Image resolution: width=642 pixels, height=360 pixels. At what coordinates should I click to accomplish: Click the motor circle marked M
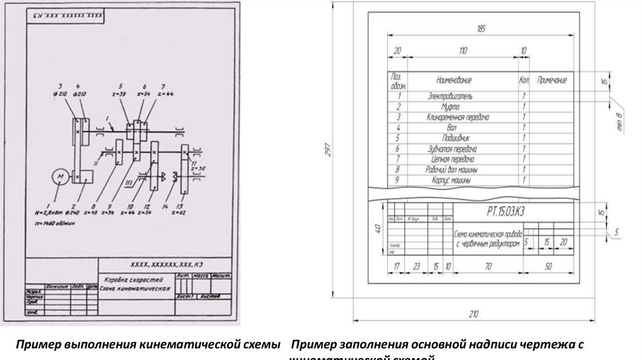(61, 177)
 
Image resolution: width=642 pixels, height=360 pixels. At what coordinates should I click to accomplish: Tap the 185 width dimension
(481, 29)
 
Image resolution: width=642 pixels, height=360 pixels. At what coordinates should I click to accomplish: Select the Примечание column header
(552, 80)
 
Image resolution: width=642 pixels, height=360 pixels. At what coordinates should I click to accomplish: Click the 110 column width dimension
(462, 50)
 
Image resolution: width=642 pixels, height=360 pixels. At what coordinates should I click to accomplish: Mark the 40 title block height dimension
(377, 230)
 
